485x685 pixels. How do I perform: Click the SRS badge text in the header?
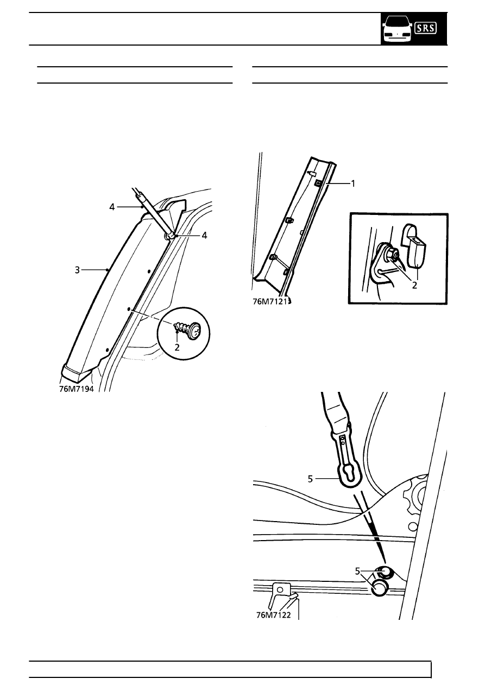[425, 28]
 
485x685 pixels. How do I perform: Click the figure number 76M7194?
[76, 389]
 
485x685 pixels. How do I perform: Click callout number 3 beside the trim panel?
[78, 270]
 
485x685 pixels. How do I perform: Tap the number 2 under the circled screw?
[177, 347]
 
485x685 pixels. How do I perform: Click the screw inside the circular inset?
[186, 329]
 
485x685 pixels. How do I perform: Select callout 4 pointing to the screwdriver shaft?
[112, 207]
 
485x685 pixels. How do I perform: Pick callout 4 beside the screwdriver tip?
[204, 236]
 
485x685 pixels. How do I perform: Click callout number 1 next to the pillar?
[354, 183]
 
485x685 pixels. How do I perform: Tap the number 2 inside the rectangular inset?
[414, 286]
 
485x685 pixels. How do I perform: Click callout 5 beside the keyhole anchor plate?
[310, 479]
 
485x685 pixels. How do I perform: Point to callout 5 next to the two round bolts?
[358, 571]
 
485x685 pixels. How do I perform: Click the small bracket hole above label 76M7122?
[280, 589]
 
